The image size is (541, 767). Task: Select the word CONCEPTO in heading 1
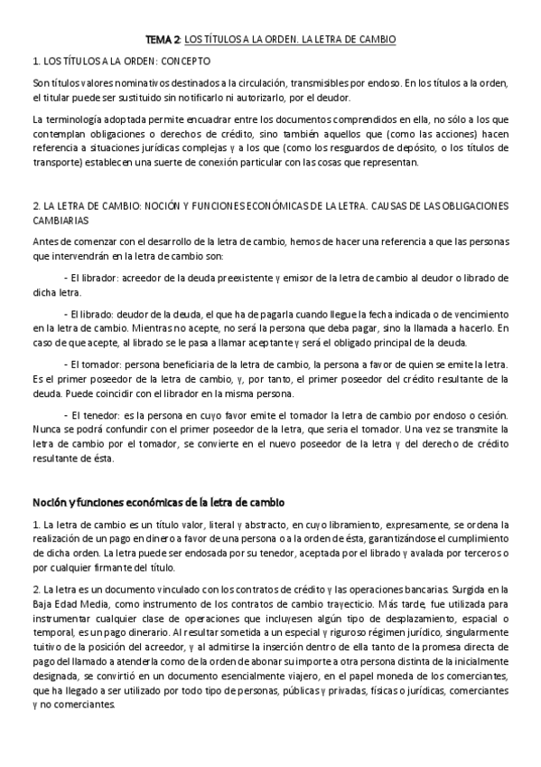coord(184,62)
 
